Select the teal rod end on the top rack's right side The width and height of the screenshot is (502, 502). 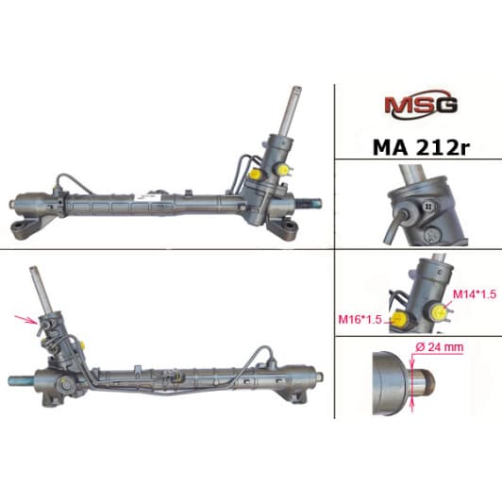click(x=313, y=201)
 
